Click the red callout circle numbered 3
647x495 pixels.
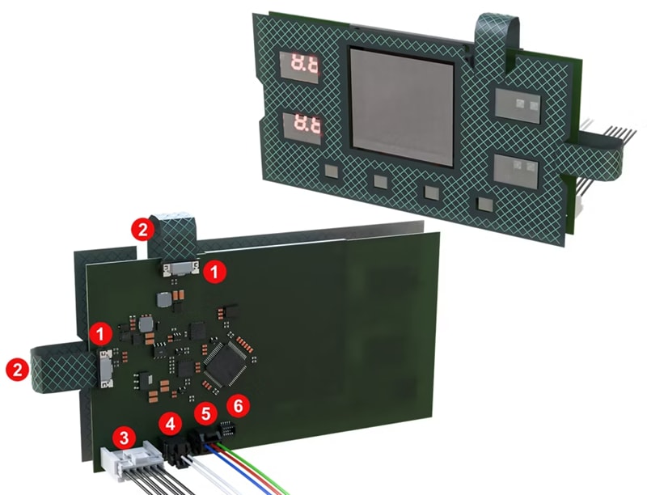tap(123, 438)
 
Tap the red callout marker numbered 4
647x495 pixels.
tap(169, 421)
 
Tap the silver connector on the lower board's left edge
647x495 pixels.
tap(105, 367)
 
